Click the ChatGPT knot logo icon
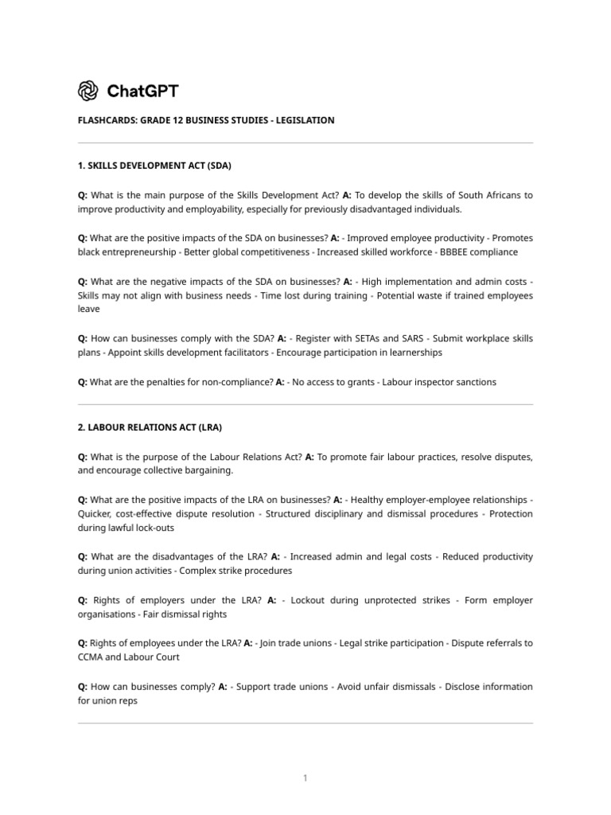point(88,92)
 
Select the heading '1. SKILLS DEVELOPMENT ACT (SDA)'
point(154,166)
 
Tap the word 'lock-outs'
point(152,528)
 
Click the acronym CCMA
point(91,657)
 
